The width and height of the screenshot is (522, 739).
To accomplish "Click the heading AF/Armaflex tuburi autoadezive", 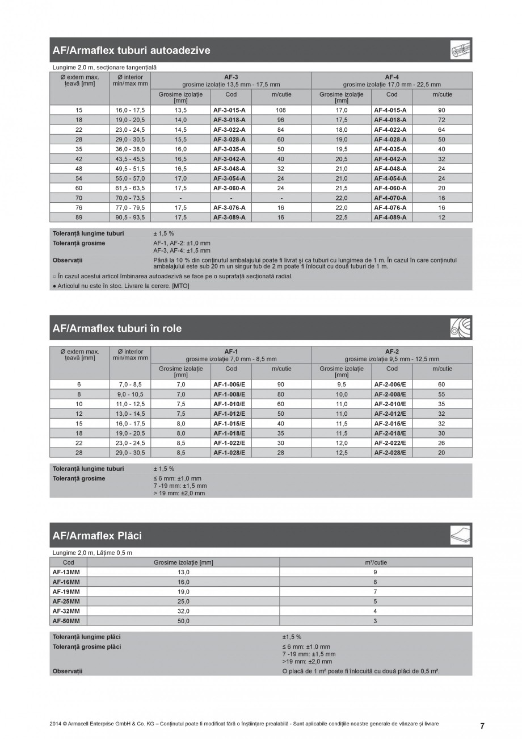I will [131, 51].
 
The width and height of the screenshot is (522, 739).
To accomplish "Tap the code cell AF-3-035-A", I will [229, 149].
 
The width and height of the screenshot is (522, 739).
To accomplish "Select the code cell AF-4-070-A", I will [390, 198].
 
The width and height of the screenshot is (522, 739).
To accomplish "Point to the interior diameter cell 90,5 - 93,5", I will [130, 217].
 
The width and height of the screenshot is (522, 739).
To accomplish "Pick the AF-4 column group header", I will [392, 76].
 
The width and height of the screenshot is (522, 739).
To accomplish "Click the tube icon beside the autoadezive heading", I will [460, 51].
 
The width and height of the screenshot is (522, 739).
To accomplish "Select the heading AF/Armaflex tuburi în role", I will [117, 328].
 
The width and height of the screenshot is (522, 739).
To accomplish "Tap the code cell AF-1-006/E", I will [229, 385].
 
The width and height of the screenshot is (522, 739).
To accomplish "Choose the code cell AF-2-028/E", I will [390, 453].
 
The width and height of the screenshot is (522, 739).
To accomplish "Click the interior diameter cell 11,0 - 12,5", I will [130, 404].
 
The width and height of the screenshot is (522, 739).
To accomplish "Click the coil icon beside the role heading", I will [460, 328].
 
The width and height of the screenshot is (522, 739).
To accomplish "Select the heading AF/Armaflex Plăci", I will [97, 536].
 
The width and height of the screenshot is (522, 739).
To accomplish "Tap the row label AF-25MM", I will [66, 601].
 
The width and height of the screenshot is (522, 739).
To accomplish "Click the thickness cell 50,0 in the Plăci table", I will [183, 621].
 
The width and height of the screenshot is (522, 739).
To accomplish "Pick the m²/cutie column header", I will [376, 562].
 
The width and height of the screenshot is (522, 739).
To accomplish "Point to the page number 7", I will [482, 726].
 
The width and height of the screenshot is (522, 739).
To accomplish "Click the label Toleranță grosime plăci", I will [86, 647].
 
